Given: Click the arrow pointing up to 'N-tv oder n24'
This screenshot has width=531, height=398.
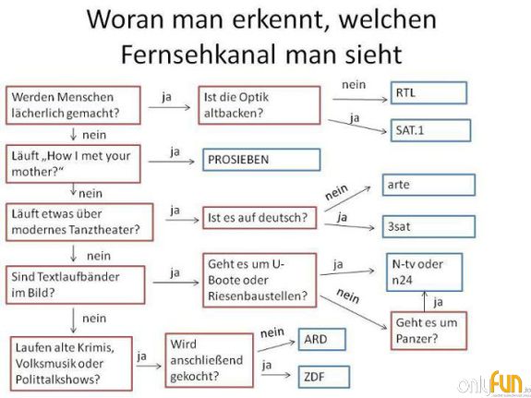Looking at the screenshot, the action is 424,301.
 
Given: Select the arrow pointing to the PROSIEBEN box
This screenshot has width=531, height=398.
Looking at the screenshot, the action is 172,162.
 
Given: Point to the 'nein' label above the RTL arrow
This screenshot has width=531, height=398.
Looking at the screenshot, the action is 354,84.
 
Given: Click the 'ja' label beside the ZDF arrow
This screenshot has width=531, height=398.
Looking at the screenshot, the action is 267,365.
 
